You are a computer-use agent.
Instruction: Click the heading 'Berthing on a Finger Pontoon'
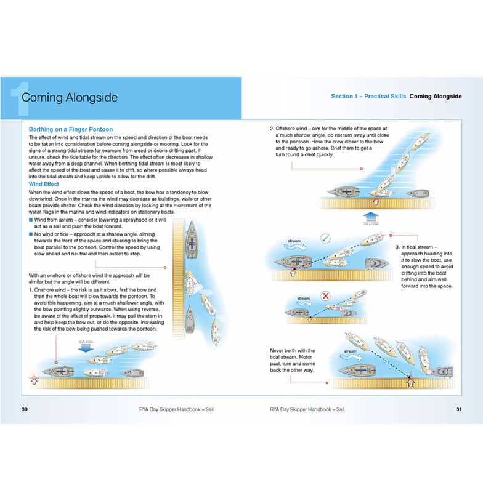(71, 130)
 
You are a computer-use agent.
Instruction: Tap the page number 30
(25, 409)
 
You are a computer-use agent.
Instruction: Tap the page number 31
(458, 409)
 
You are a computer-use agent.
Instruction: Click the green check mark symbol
(325, 239)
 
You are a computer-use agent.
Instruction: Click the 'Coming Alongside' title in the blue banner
(69, 97)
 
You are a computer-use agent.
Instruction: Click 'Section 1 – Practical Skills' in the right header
(368, 97)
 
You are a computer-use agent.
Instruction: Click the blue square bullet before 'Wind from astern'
(31, 220)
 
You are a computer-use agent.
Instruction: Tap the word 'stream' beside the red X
(303, 299)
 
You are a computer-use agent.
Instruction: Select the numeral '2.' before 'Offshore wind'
(272, 129)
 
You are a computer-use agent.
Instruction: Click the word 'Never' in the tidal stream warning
(278, 351)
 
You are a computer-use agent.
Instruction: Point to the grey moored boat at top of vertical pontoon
(191, 236)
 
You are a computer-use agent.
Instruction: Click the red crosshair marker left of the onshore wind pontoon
(34, 377)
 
